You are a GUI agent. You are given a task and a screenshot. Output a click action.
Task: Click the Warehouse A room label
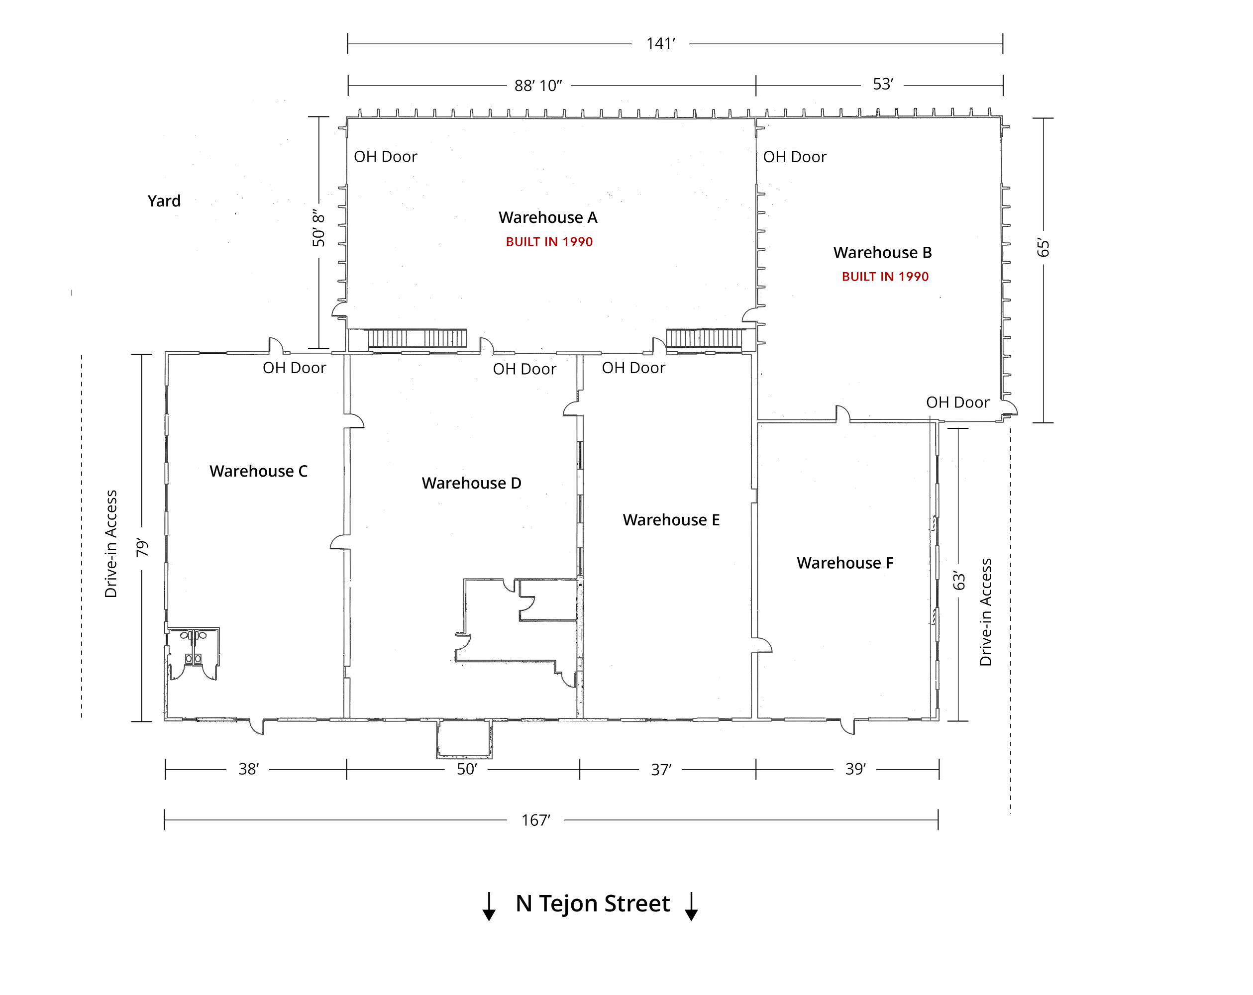(547, 217)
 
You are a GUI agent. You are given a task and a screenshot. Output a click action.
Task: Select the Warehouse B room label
(882, 252)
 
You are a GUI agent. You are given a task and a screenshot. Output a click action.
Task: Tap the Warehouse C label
(259, 471)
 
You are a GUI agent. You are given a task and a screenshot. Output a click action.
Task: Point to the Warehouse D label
(471, 483)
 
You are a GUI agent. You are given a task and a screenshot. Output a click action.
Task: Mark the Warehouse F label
(845, 563)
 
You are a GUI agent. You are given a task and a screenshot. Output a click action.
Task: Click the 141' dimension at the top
(661, 44)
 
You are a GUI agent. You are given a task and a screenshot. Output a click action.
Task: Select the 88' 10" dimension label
(538, 86)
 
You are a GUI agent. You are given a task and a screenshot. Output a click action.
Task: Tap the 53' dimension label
(882, 84)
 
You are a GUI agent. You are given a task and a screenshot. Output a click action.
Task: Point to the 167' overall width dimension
(536, 820)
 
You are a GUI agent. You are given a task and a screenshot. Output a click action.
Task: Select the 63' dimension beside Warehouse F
(959, 581)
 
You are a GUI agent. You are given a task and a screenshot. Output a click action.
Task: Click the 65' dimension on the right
(1044, 248)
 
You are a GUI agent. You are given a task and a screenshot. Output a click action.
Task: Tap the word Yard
(164, 201)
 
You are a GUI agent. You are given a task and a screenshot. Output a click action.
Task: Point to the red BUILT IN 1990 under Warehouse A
(549, 242)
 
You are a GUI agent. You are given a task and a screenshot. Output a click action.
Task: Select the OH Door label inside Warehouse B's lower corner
(957, 402)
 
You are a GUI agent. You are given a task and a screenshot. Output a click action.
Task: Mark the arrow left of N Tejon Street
(489, 906)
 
